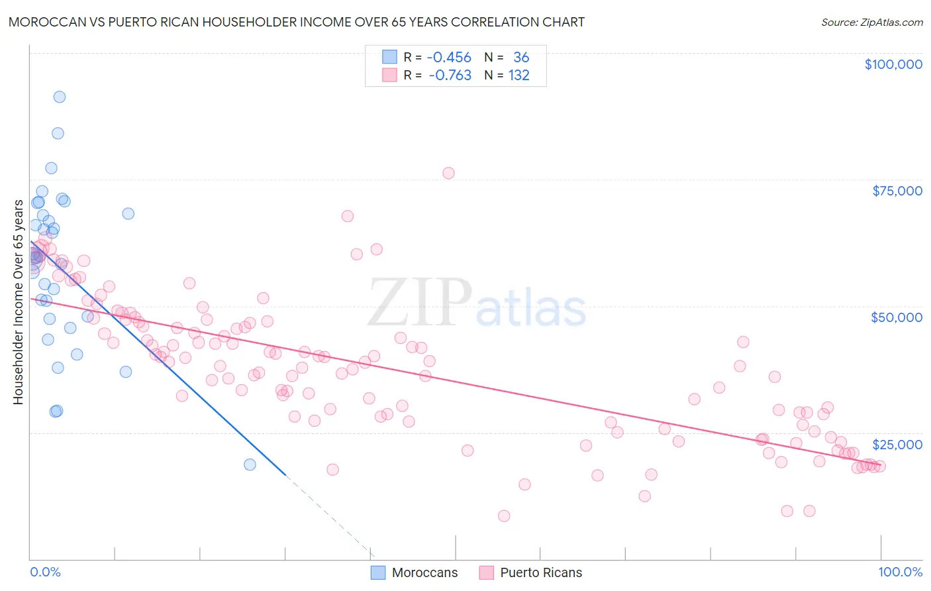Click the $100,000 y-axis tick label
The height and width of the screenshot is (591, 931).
tap(893, 64)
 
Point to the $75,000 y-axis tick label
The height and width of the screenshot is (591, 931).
tap(897, 191)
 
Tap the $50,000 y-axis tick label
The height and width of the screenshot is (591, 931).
tap(897, 317)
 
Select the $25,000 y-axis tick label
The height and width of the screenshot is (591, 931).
tap(897, 444)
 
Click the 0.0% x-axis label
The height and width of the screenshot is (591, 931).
tap(45, 572)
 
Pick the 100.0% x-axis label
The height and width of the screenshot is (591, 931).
tap(900, 572)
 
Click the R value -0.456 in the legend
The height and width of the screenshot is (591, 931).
tap(449, 58)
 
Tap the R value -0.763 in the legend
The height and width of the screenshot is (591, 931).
tap(450, 76)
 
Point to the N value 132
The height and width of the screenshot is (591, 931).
tap(519, 76)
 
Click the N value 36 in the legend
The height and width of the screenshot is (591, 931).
tap(521, 58)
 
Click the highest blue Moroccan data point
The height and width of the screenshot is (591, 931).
tap(59, 97)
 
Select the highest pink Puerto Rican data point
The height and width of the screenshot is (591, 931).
tap(448, 173)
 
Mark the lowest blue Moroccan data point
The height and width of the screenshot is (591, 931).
tap(250, 464)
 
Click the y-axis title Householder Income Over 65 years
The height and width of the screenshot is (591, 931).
tap(19, 302)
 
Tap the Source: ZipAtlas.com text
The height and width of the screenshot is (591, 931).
tap(871, 23)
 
